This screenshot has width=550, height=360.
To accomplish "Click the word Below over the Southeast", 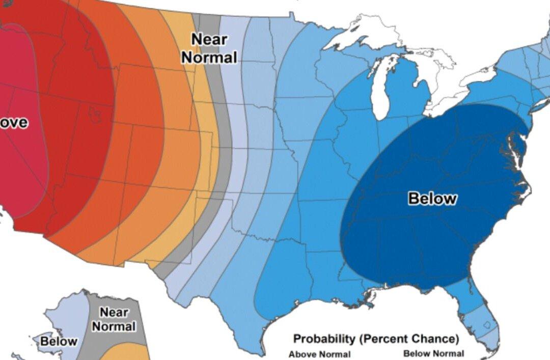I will [432, 198].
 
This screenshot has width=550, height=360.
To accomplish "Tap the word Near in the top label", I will [209, 39].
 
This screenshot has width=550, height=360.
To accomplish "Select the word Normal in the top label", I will [209, 57].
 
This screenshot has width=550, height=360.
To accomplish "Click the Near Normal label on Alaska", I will [114, 319].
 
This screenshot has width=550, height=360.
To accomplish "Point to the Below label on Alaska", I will [59, 341].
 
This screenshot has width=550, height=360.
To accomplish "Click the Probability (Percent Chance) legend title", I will [375, 339].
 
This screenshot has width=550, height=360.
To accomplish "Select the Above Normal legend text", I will [319, 354].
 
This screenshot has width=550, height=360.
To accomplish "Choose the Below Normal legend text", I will [433, 353].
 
